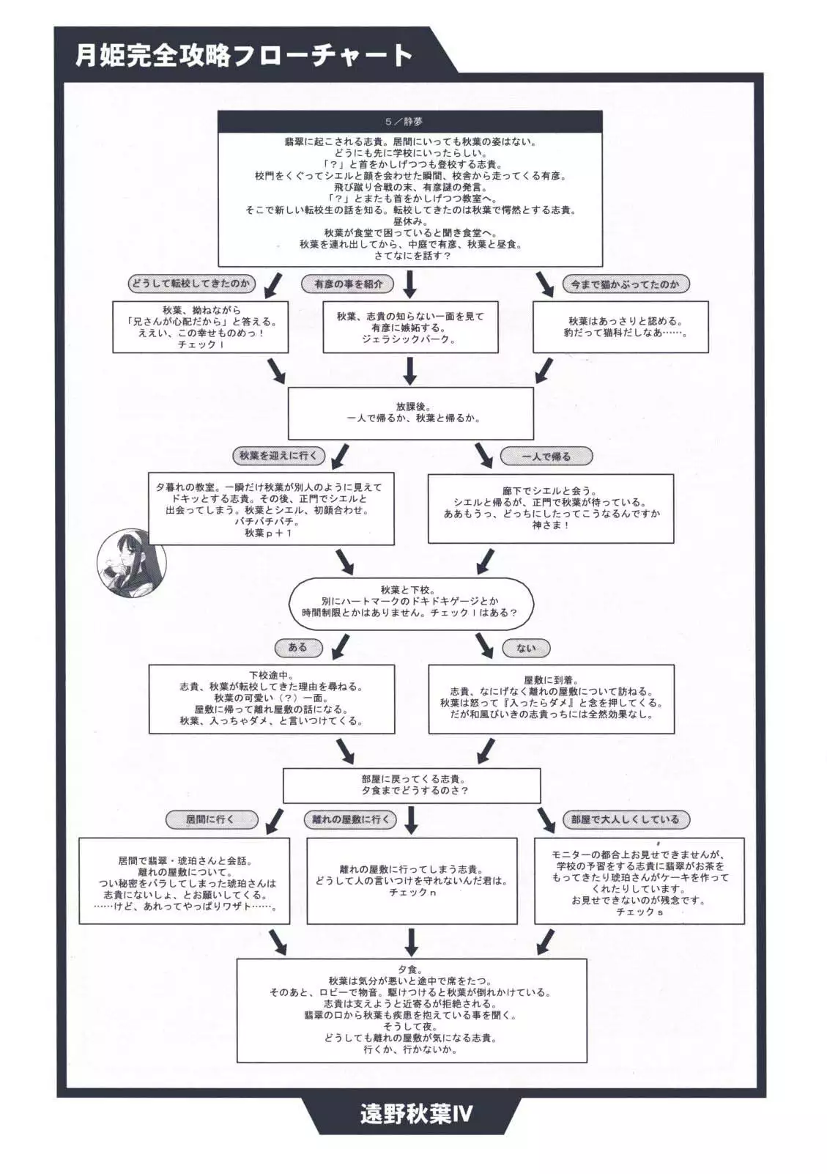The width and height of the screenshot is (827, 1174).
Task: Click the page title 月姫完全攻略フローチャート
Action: (244, 56)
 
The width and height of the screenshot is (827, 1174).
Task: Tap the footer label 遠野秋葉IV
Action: (416, 1115)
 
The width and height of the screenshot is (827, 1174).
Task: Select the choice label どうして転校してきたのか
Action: (190, 284)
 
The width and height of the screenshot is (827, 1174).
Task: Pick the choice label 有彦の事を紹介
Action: (347, 284)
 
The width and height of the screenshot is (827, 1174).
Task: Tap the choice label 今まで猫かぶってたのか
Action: (626, 284)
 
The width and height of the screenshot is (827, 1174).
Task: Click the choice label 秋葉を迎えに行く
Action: (278, 456)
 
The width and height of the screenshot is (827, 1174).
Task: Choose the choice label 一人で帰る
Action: (546, 457)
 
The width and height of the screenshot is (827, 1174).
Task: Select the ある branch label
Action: (297, 647)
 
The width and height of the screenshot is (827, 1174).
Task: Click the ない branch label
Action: (525, 648)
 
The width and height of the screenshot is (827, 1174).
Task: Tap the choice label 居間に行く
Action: (209, 819)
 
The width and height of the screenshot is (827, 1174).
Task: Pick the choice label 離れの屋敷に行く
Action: (350, 819)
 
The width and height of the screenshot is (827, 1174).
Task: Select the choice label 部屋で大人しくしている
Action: (626, 819)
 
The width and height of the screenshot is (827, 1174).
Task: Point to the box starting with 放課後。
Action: (410, 413)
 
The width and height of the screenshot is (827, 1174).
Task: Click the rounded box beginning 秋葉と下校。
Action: (410, 601)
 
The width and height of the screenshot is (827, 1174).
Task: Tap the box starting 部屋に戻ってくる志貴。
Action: (412, 785)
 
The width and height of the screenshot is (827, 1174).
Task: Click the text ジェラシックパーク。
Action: (409, 339)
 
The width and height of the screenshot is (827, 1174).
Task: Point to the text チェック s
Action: (639, 912)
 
